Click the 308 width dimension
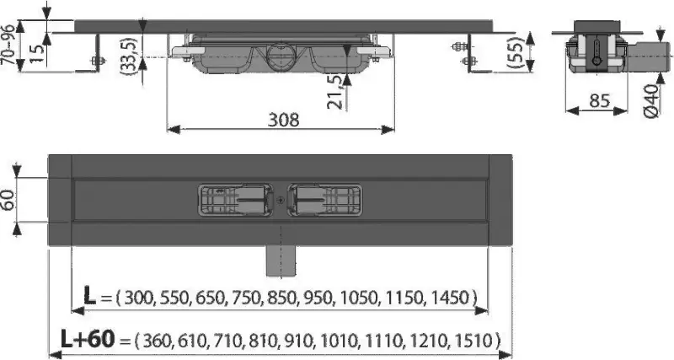click(282, 119)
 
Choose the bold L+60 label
click(86, 339)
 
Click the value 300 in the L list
click(141, 297)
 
